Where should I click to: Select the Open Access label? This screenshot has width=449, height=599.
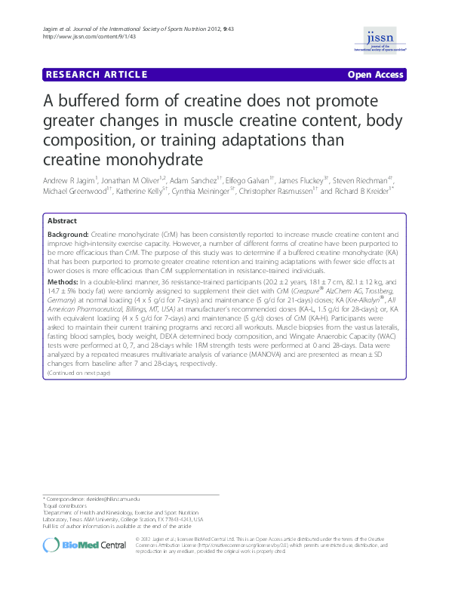tap(376, 75)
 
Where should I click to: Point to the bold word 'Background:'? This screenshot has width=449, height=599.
tap(68, 235)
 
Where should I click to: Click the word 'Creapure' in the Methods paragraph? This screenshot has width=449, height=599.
tap(280, 290)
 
